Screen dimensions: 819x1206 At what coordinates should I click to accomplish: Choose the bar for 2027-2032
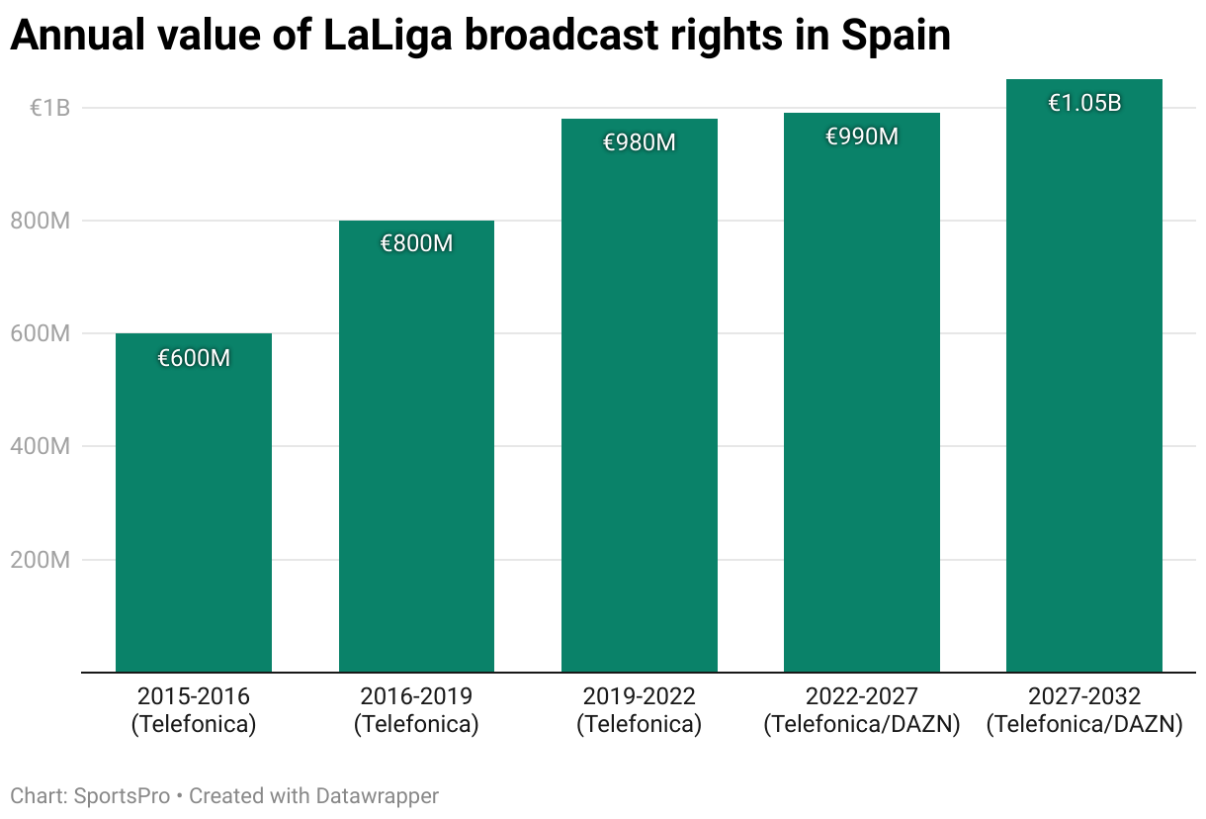(1084, 386)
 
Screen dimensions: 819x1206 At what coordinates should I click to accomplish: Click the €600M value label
(194, 358)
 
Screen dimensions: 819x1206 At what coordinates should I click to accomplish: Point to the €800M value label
(416, 243)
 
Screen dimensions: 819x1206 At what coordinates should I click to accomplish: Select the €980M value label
(640, 142)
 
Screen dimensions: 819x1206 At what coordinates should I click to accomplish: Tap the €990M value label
(862, 136)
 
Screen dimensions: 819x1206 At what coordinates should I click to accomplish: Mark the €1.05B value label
(1084, 103)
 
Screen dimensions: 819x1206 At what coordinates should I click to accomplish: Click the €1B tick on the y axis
(49, 108)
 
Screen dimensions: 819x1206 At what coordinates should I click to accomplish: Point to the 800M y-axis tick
(41, 222)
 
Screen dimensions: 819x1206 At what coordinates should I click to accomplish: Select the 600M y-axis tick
(41, 334)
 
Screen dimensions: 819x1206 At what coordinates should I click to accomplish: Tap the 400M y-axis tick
(41, 447)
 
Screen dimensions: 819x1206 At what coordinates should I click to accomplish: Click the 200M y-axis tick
(41, 560)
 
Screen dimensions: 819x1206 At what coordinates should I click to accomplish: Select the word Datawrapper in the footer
(377, 795)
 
